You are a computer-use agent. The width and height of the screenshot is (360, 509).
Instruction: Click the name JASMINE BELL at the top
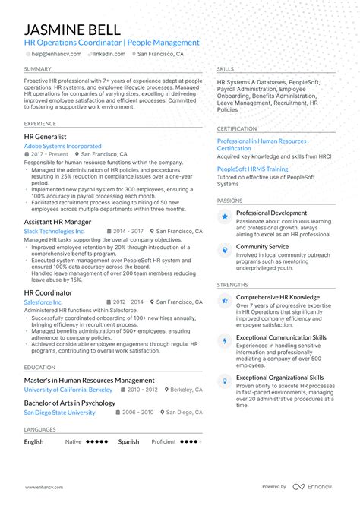coord(73,29)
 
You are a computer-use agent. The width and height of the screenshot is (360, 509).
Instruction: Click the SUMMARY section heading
coord(37,68)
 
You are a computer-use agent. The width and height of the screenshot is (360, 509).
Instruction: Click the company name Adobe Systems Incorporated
coord(62,146)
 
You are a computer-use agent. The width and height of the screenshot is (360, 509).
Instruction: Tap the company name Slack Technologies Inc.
coord(54,231)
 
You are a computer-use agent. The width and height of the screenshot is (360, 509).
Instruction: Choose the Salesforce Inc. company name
coord(43,302)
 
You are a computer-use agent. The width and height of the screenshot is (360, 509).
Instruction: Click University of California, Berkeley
coord(68,390)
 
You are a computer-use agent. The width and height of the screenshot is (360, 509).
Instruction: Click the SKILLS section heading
coord(225,68)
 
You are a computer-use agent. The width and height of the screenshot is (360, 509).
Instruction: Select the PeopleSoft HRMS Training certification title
coord(252,169)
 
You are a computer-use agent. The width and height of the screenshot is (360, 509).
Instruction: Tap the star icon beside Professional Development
coord(225,217)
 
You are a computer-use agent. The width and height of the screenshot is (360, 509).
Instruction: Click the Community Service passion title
coord(262,246)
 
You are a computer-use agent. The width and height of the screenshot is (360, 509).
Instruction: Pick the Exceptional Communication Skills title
coord(281,337)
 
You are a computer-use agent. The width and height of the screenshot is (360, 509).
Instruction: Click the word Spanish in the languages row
coord(128,441)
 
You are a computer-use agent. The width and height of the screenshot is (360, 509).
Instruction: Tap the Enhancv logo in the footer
coord(314,487)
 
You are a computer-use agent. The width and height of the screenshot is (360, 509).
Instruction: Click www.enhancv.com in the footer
coord(43,487)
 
